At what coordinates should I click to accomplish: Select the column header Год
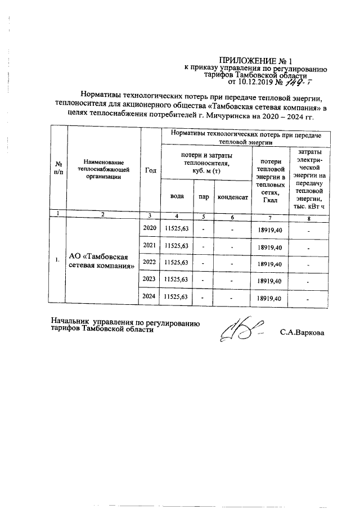tap(151, 171)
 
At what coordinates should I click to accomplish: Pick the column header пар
tap(204, 197)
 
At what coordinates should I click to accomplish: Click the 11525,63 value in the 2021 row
tap(177, 246)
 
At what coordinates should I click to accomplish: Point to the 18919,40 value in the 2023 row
tap(269, 281)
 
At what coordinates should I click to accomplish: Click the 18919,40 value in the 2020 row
tap(269, 229)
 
